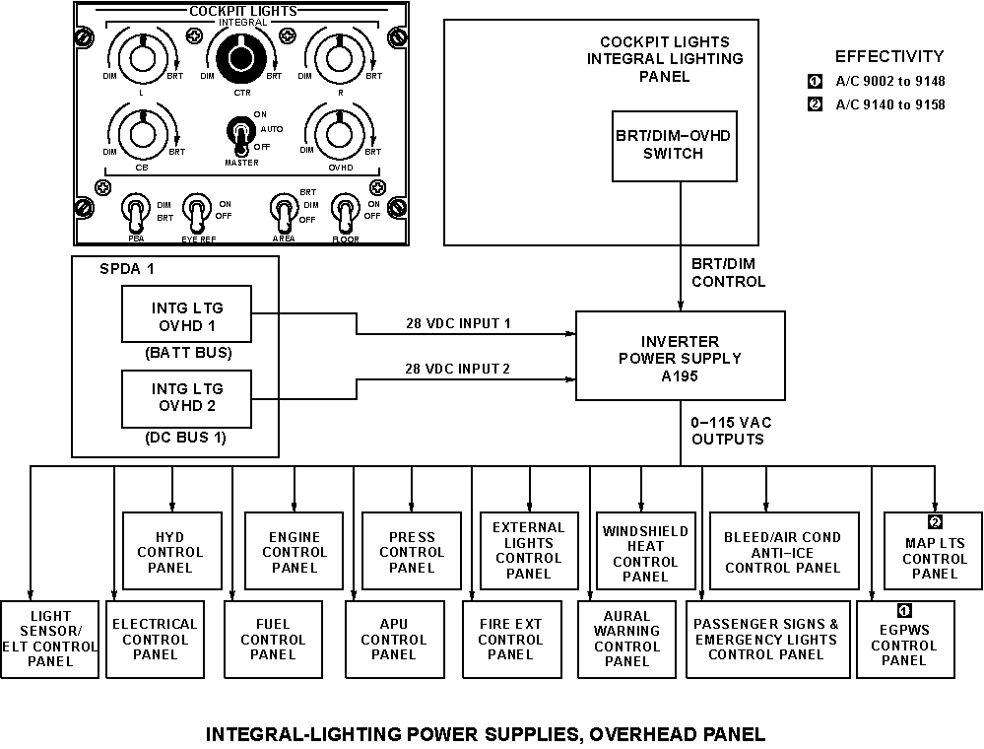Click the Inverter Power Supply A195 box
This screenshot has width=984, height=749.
tap(680, 356)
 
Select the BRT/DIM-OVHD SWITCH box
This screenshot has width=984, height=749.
tap(674, 145)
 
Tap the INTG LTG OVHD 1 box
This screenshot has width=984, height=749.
tap(186, 314)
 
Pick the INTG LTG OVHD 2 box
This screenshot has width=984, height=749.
tap(186, 397)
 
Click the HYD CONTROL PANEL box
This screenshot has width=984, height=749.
tap(170, 552)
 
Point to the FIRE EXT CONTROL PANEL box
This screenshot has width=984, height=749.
tap(510, 639)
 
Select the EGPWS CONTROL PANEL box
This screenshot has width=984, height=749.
tap(904, 641)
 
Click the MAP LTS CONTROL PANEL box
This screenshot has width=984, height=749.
tap(935, 552)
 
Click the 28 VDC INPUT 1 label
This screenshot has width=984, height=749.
tap(458, 322)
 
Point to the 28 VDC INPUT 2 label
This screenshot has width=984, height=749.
tap(458, 369)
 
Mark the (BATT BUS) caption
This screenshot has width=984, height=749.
tap(186, 353)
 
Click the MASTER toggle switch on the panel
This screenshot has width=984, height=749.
tap(238, 131)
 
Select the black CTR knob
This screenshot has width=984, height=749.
tap(240, 59)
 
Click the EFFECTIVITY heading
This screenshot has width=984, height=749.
tap(888, 56)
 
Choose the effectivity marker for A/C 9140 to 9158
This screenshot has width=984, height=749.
tap(815, 104)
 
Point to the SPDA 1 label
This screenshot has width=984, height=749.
tap(127, 269)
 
